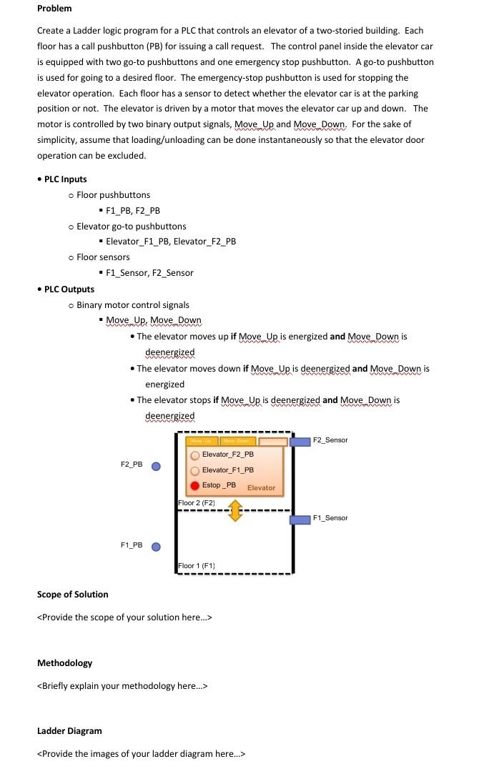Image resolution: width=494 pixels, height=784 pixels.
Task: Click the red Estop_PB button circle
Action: coord(194,485)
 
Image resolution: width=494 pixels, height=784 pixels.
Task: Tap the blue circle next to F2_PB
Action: coord(155,466)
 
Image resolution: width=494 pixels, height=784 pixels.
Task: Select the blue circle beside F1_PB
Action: coord(155,547)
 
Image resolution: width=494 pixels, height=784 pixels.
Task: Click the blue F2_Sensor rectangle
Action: coord(300,441)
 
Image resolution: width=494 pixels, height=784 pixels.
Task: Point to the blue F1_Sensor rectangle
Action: coord(300,519)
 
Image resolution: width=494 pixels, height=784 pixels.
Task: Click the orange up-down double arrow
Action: coord(234,511)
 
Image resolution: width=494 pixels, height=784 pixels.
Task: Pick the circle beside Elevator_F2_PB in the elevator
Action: coord(194,455)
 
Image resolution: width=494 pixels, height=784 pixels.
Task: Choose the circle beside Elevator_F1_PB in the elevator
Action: coord(194,470)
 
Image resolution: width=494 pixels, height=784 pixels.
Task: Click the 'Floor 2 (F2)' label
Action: coord(197,503)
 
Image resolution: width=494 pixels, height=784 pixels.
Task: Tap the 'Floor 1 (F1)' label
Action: coord(197,566)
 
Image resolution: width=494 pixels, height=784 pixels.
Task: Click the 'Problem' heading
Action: coord(54,9)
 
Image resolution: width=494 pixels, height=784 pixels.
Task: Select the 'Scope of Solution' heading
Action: coord(73,595)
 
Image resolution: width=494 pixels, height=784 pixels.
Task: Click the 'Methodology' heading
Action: coord(64,663)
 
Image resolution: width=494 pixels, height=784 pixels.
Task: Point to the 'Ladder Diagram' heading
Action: coord(69,731)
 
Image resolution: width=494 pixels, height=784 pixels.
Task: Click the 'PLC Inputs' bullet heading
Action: coord(65,179)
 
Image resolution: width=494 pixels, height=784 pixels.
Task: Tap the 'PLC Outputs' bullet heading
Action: coord(69,289)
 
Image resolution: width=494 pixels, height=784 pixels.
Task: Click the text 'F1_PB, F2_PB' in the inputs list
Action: coord(133,211)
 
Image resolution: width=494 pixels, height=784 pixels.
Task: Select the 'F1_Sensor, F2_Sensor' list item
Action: coord(149,273)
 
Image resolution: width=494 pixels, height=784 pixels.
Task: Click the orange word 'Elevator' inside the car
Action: coord(261,488)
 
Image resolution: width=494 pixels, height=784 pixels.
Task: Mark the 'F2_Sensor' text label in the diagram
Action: coord(330,440)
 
